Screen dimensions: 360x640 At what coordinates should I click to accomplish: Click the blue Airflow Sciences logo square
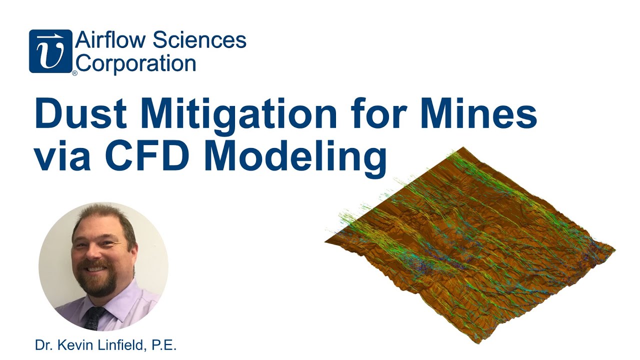[x=50, y=51]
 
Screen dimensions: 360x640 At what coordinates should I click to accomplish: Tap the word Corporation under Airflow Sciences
[x=136, y=63]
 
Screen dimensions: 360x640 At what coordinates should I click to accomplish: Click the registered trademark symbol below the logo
[x=74, y=73]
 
